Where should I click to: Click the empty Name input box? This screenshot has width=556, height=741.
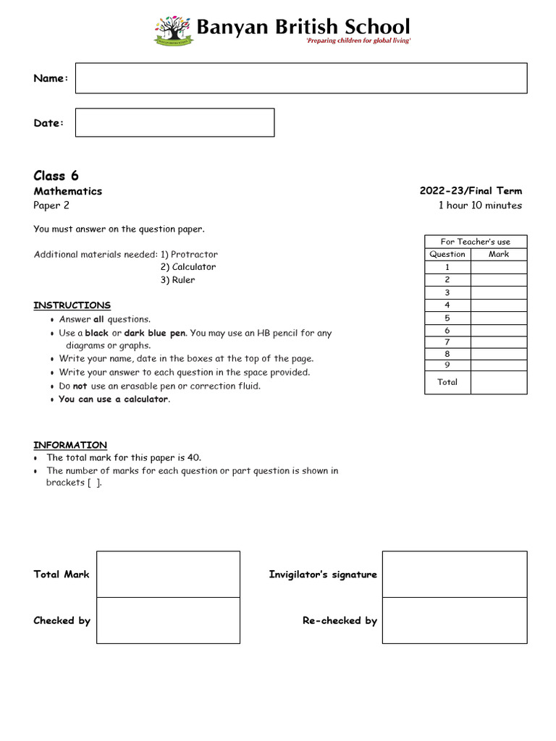[301, 78]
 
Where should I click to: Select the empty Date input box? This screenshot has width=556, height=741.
[174, 123]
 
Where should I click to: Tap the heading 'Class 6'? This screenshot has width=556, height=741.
[56, 176]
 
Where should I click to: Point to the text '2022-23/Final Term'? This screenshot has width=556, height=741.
[471, 191]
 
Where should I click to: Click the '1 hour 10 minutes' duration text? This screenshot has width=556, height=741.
[480, 206]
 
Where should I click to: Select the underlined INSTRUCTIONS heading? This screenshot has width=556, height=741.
[72, 305]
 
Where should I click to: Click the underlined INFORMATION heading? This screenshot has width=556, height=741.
[70, 445]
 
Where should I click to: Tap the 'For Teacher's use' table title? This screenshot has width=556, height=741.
[476, 242]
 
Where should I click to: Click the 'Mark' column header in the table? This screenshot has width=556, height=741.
[499, 254]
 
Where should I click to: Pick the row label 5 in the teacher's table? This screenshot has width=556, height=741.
[447, 318]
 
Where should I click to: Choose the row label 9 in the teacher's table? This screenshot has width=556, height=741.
[447, 365]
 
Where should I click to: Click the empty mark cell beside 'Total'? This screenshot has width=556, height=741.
[499, 382]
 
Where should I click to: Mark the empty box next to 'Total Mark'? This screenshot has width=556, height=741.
[168, 574]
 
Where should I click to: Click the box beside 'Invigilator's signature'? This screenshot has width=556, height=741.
[455, 574]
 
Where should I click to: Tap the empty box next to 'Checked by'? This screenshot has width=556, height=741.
[168, 620]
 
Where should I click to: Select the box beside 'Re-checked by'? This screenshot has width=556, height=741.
[455, 620]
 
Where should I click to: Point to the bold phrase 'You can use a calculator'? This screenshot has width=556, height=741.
[114, 399]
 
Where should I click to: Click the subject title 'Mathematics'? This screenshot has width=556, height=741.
[68, 191]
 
